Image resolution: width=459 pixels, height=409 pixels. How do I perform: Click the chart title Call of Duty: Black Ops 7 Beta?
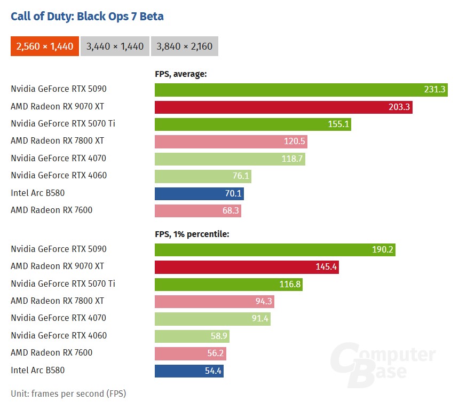click(x=87, y=16)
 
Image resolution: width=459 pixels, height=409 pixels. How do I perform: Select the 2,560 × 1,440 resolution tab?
click(x=45, y=46)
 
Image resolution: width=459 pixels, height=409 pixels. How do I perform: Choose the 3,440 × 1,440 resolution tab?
click(x=115, y=46)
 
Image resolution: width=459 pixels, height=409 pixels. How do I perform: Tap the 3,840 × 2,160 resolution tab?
click(x=185, y=46)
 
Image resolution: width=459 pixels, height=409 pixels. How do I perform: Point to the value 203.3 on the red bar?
click(x=399, y=107)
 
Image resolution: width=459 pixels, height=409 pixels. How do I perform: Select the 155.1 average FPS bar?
click(x=252, y=124)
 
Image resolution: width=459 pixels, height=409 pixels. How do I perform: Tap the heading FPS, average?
click(x=180, y=74)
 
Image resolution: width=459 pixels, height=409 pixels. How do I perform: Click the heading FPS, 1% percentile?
click(x=192, y=234)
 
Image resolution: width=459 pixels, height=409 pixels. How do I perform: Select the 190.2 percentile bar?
click(x=275, y=249)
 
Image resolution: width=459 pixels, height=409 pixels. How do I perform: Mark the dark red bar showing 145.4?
click(x=247, y=266)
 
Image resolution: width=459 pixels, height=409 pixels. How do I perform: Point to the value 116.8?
click(x=290, y=284)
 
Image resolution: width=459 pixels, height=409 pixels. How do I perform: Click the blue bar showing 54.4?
click(x=189, y=370)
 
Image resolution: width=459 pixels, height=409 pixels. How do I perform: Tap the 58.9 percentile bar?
click(x=195, y=336)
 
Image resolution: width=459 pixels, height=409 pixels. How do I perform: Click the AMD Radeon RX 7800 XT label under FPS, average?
click(x=57, y=141)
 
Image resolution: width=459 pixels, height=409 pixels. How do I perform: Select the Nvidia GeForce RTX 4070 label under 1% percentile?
click(x=58, y=318)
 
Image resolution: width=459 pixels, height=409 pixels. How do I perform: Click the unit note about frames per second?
click(x=68, y=394)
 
